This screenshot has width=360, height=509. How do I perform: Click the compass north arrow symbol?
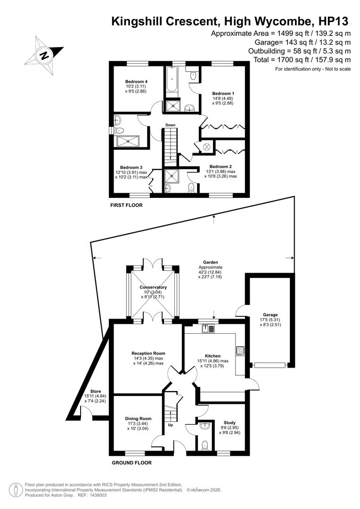(44, 55)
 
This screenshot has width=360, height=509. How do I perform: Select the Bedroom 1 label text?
(222, 93)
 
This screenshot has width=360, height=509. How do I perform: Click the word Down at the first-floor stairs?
(170, 125)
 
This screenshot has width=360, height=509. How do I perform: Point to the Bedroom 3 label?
(131, 167)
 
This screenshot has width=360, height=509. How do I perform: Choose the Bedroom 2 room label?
(221, 166)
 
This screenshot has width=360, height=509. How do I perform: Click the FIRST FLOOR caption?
(126, 205)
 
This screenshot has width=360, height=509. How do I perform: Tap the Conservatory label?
(153, 287)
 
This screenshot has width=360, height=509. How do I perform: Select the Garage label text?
(270, 315)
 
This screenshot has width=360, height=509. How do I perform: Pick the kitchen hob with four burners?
(240, 350)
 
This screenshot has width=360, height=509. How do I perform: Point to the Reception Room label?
(148, 353)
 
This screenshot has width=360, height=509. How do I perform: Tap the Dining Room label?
(138, 419)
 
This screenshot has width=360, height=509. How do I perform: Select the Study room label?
(229, 423)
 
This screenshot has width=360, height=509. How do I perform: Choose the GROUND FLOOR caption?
(131, 463)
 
